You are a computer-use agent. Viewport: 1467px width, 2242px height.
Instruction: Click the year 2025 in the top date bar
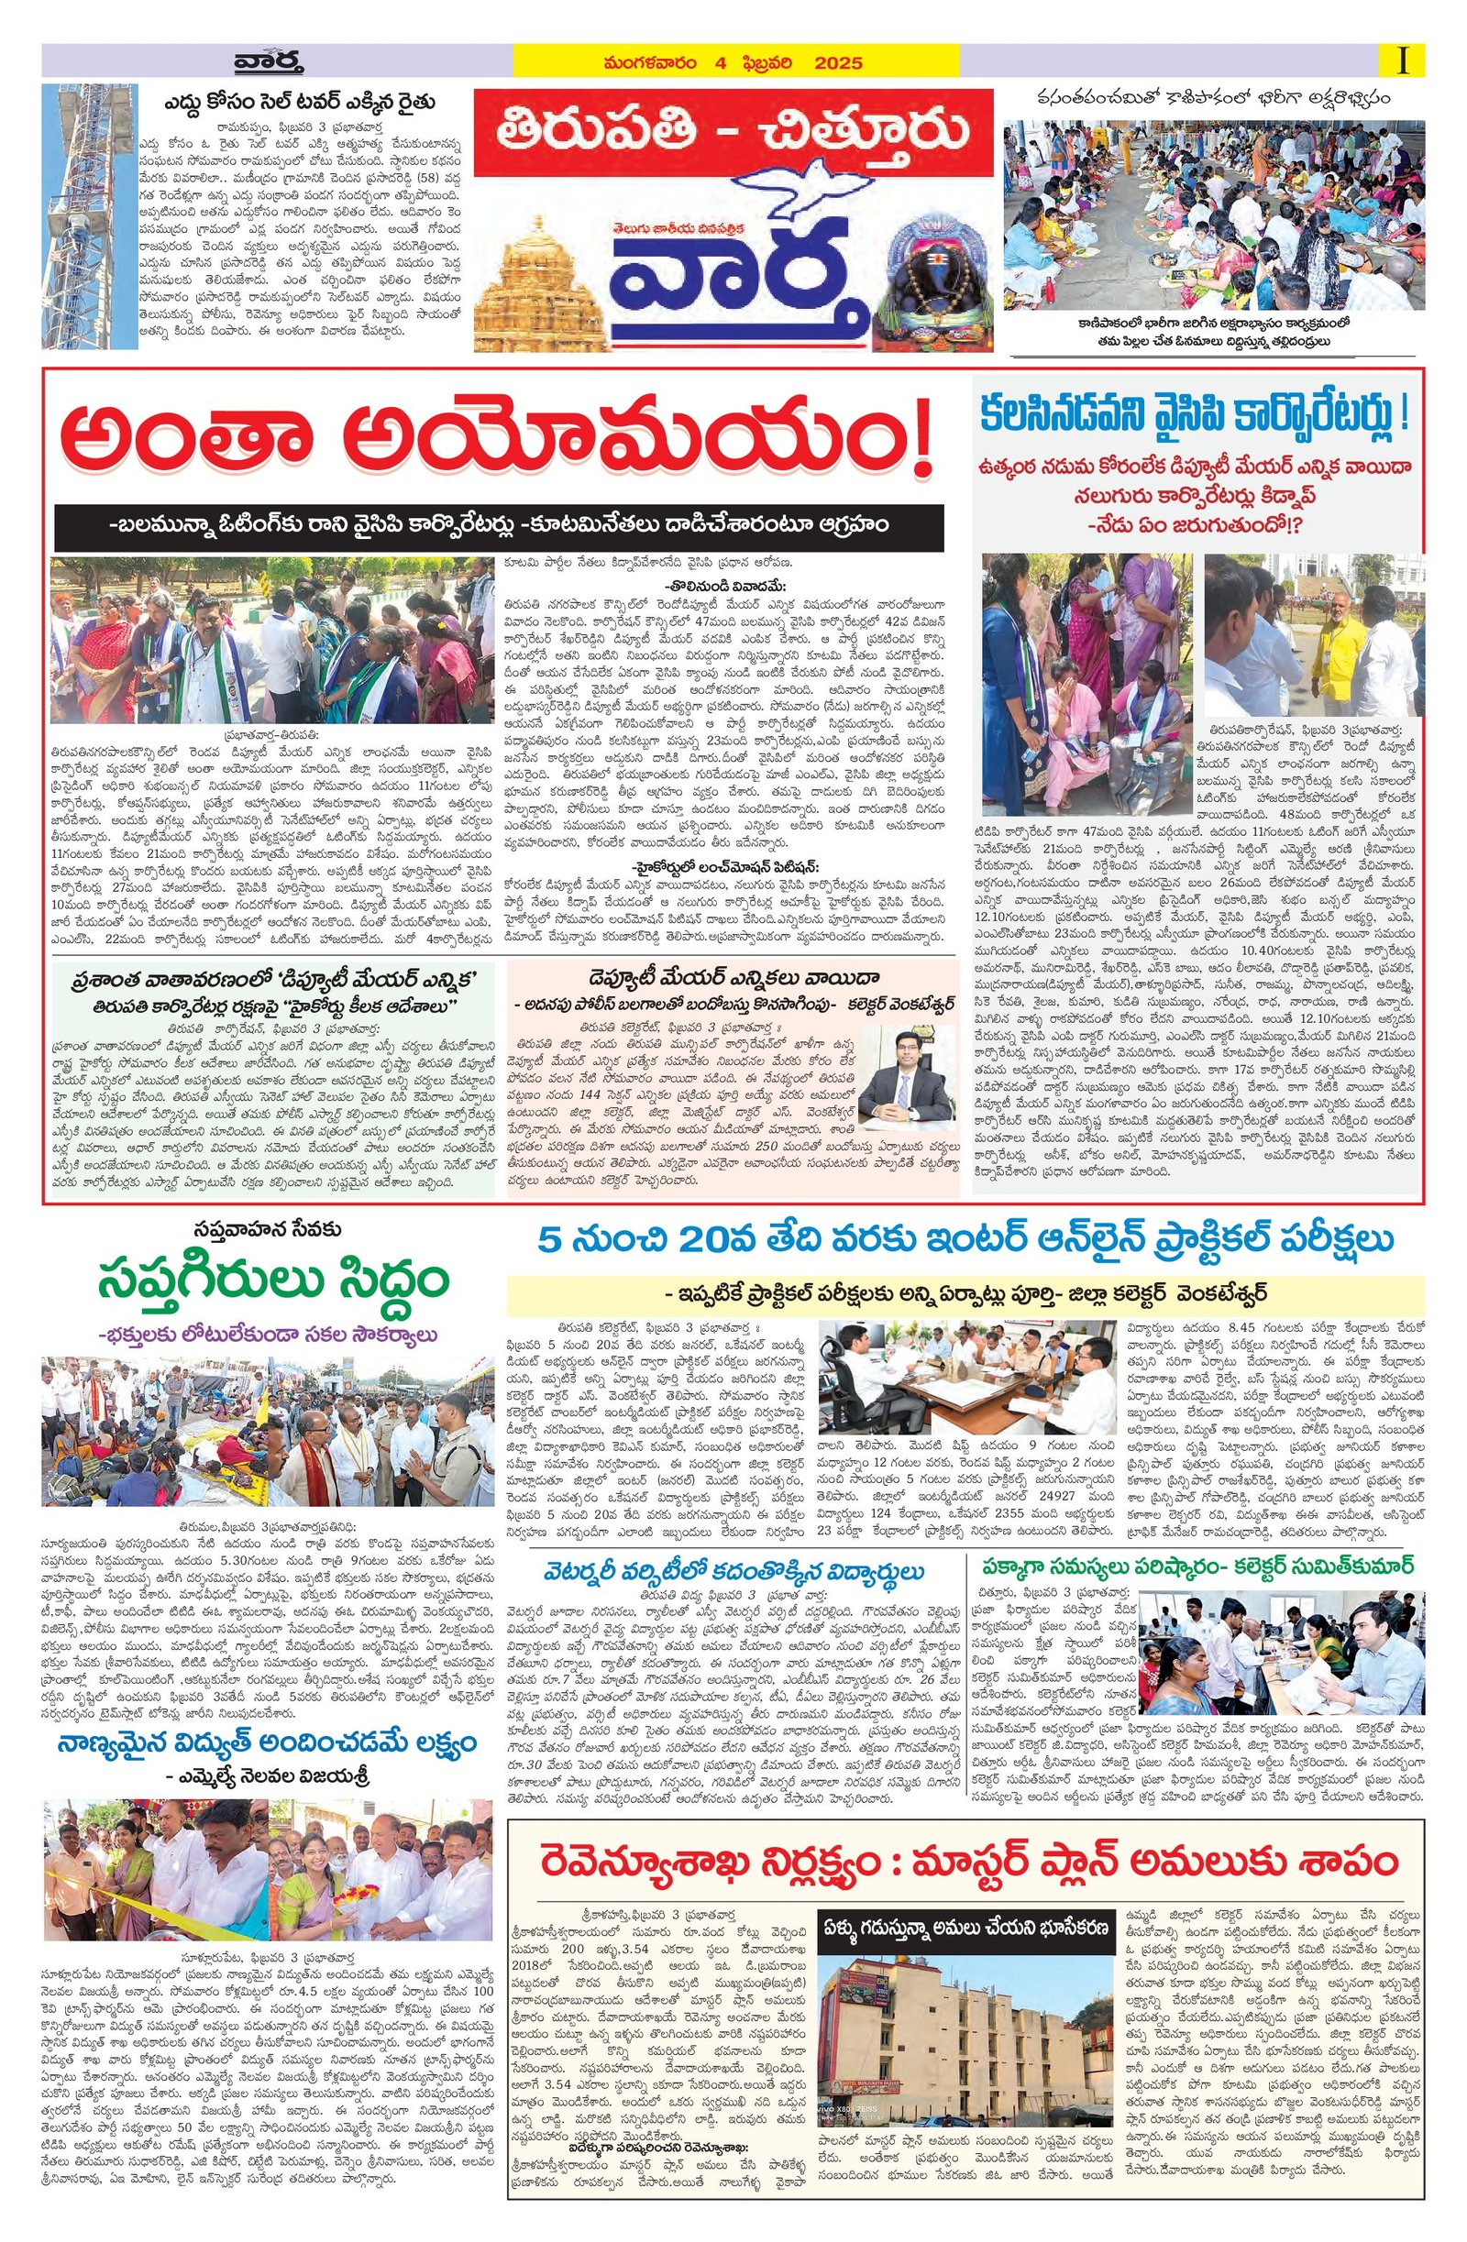[839, 64]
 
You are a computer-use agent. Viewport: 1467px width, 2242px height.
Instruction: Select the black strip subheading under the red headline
[499, 528]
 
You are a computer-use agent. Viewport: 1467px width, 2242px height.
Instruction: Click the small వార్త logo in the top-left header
[269, 64]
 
